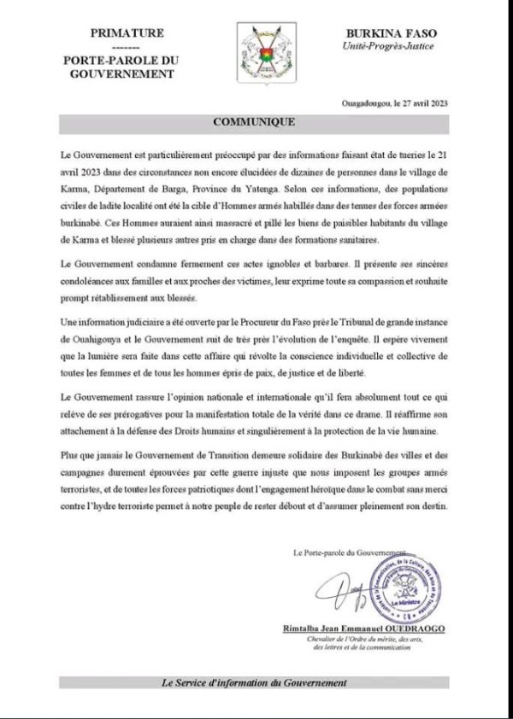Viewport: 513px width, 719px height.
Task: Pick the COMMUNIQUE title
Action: click(256, 122)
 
